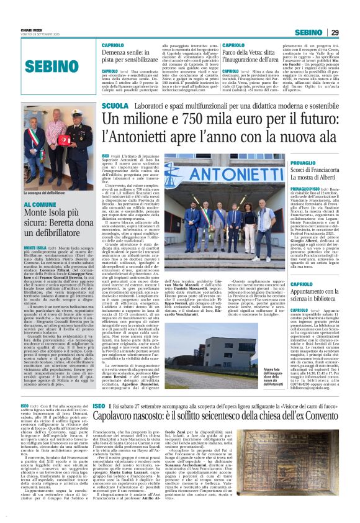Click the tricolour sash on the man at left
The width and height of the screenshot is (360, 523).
pos(32,155)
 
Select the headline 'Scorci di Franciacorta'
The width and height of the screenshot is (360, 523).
pos(304,170)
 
